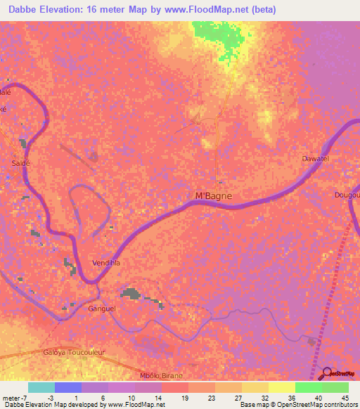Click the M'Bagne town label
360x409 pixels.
click(x=213, y=196)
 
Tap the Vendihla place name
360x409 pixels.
click(x=106, y=263)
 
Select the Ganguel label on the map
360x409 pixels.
click(x=101, y=308)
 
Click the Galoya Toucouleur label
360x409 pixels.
click(x=69, y=352)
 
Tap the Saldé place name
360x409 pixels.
click(x=20, y=162)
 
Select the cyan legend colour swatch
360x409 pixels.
click(x=41, y=387)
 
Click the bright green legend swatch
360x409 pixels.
click(x=308, y=387)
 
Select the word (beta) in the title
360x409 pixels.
click(x=263, y=10)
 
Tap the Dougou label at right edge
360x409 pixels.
click(x=347, y=195)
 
